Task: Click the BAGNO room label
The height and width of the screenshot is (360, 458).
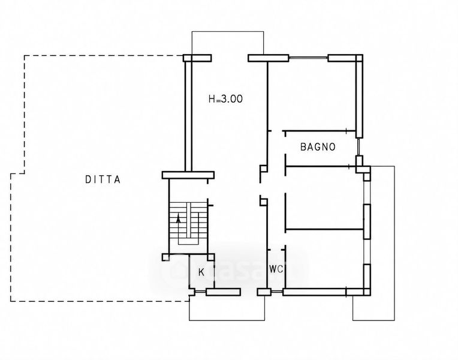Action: (x=318, y=146)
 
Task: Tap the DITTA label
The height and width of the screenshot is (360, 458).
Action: (x=103, y=179)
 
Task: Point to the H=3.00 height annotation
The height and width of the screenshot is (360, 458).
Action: (x=225, y=99)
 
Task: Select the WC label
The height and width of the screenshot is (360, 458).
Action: (x=276, y=269)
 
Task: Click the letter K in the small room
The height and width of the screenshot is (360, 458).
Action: (x=201, y=272)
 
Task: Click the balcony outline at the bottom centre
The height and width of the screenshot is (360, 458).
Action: (x=227, y=320)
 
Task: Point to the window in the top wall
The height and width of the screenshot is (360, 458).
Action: (x=308, y=58)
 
